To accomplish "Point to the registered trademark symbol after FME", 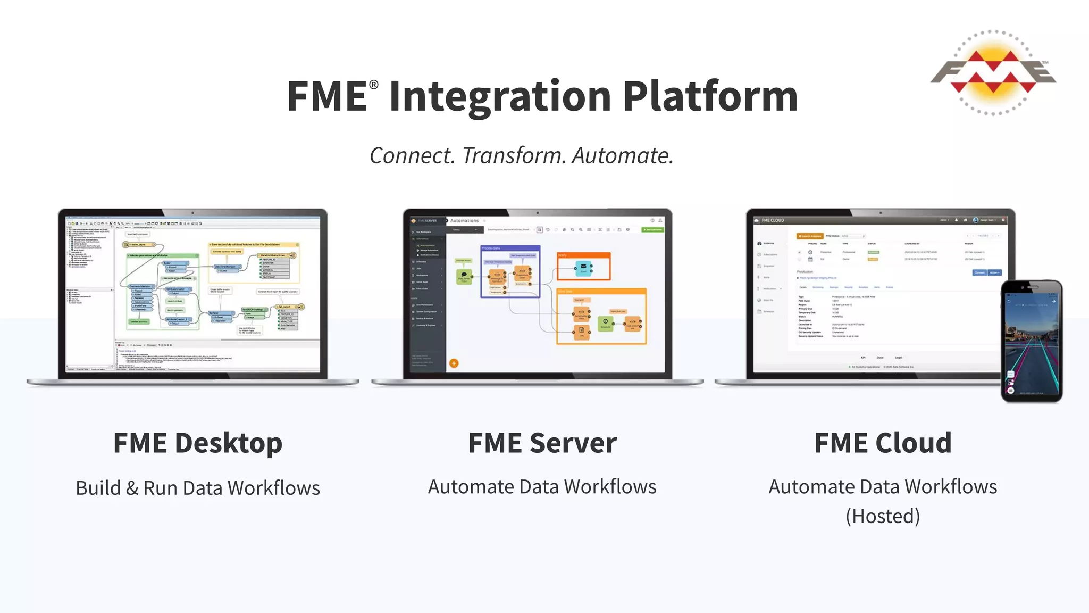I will click(x=374, y=85).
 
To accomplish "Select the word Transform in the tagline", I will click(x=514, y=156).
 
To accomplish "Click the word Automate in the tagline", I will click(x=622, y=156).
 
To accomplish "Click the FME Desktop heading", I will click(x=197, y=443).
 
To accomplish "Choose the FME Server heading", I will click(x=542, y=443).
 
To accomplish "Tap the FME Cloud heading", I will click(x=883, y=443).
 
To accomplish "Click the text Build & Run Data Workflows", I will click(x=197, y=488).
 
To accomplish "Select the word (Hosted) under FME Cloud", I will click(x=883, y=516).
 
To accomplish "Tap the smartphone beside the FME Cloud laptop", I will click(x=1031, y=341).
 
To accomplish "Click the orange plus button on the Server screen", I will click(x=454, y=363).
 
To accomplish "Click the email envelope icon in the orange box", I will click(x=583, y=267).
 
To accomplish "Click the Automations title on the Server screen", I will click(x=464, y=221).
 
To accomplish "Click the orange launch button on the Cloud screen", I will click(x=810, y=236).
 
